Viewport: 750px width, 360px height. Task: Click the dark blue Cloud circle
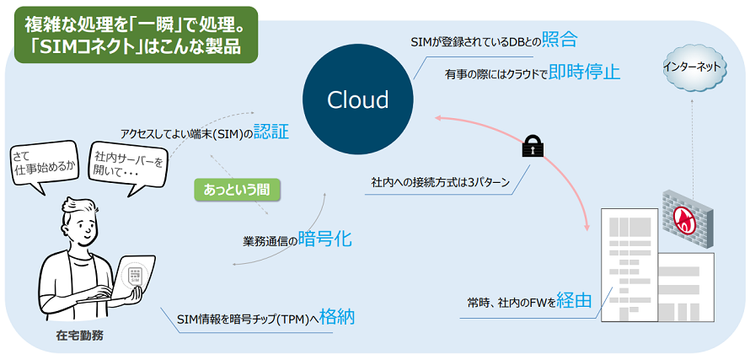tap(358, 99)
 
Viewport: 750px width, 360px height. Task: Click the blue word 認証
tap(271, 132)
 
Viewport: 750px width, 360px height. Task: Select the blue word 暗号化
tap(325, 239)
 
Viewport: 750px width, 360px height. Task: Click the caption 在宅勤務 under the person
tap(81, 336)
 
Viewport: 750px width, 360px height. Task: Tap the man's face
tap(82, 222)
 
